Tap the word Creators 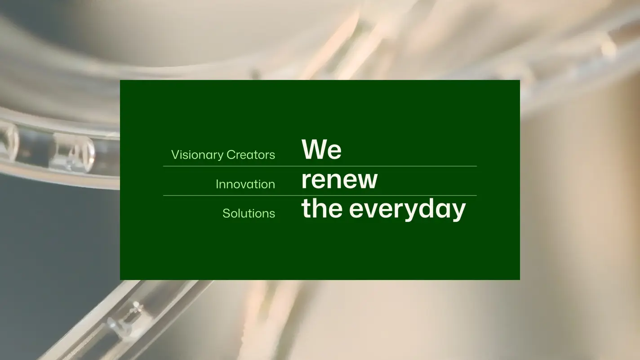pyautogui.click(x=251, y=155)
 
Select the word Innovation pyautogui.click(x=245, y=184)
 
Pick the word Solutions pyautogui.click(x=249, y=213)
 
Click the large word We pyautogui.click(x=321, y=149)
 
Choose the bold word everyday pyautogui.click(x=408, y=210)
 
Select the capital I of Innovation pyautogui.click(x=217, y=184)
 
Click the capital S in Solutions pyautogui.click(x=226, y=213)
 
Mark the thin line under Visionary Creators pyautogui.click(x=320, y=166)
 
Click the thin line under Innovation pyautogui.click(x=320, y=196)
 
